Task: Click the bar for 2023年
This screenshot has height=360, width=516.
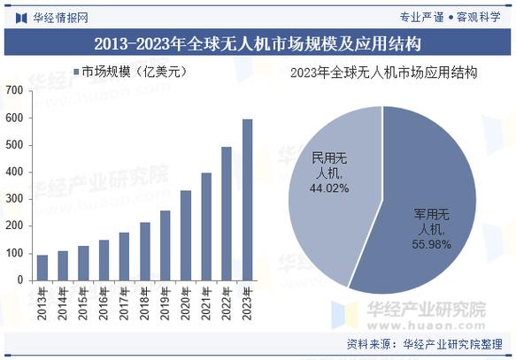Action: (x=247, y=200)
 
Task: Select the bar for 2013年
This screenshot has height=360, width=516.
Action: (x=42, y=267)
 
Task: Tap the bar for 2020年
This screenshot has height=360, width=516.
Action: (x=186, y=235)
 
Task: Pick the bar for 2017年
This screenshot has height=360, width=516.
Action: (x=124, y=257)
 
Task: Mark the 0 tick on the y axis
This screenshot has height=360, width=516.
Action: (x=19, y=280)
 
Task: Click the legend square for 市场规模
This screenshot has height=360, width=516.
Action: (x=77, y=72)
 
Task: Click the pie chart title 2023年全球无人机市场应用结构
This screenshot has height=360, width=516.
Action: (x=383, y=73)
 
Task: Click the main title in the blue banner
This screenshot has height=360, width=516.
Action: (x=258, y=42)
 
